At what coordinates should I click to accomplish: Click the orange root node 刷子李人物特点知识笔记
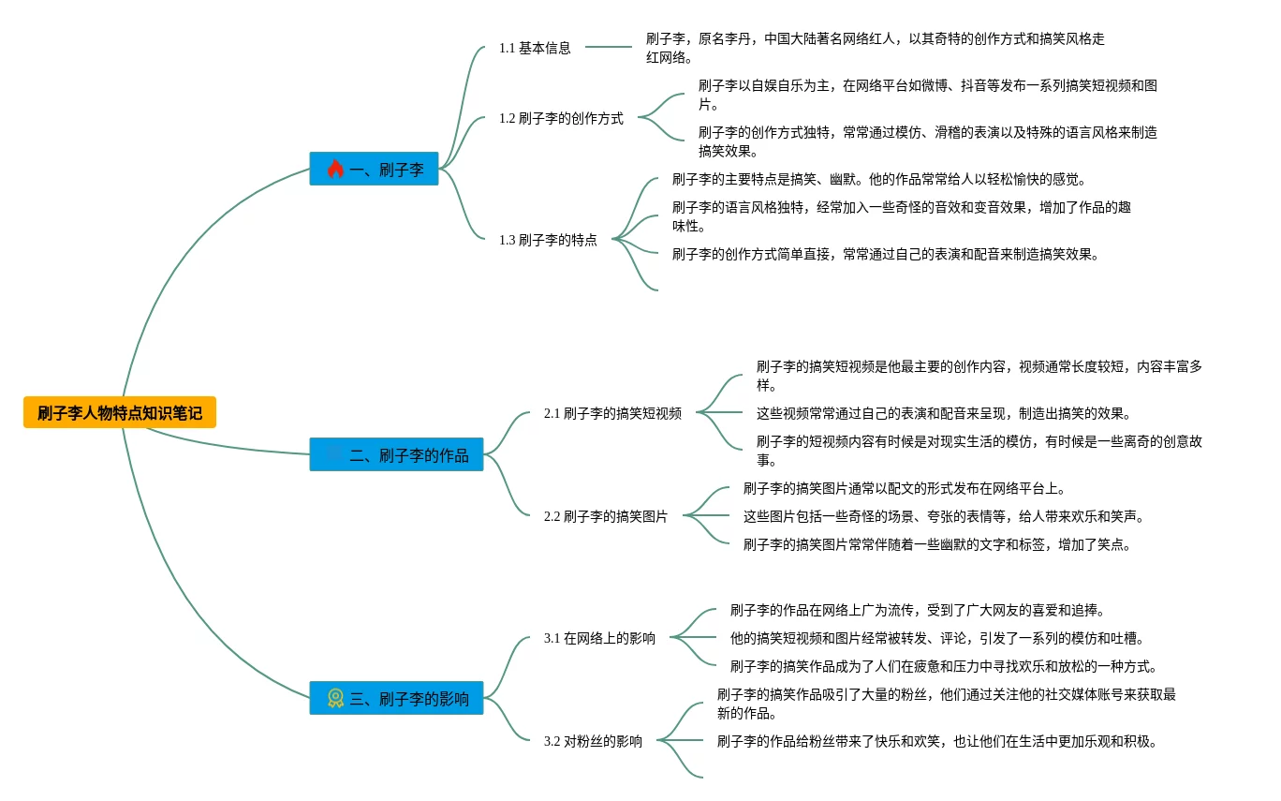[120, 412]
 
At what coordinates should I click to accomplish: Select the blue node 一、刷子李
[374, 169]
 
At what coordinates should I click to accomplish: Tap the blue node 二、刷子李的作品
[396, 454]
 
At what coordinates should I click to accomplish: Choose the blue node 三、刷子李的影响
[396, 698]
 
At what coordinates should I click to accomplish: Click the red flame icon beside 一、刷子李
[335, 169]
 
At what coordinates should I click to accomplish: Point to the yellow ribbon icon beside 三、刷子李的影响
[335, 698]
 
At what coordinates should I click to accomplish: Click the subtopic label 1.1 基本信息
[535, 48]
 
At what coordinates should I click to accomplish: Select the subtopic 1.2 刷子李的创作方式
[561, 119]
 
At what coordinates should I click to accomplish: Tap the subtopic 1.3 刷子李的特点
[548, 240]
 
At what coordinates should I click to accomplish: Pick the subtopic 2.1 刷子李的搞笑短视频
[612, 413]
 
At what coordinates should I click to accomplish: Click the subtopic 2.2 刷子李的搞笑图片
[606, 516]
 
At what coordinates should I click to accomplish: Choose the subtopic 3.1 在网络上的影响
[599, 638]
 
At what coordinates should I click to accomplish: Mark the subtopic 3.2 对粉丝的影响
[593, 741]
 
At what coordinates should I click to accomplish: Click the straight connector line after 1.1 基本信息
[608, 47]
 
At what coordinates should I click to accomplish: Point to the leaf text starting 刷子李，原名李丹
[875, 48]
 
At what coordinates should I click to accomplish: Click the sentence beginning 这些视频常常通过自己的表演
[943, 413]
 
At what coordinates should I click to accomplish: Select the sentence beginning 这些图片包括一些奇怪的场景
[943, 516]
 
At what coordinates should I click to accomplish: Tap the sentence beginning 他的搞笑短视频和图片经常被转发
[936, 638]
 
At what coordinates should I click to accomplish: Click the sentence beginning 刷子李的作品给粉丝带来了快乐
[936, 741]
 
